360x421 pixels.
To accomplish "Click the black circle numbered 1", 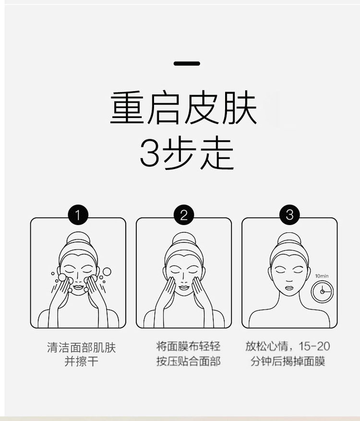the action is [78, 215].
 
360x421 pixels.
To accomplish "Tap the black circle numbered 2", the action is [184, 215].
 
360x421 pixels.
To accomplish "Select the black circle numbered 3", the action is [289, 215].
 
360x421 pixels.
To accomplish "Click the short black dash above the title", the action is [187, 64].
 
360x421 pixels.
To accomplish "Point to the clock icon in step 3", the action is [322, 291].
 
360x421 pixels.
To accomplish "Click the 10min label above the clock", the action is [322, 276].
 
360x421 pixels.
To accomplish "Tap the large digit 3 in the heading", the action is [150, 153].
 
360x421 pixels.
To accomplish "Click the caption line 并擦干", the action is [81, 361].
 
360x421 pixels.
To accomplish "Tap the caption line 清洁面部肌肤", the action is [81, 348].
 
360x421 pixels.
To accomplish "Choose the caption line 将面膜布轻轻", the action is [188, 347].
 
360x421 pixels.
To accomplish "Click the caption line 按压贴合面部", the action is [189, 361].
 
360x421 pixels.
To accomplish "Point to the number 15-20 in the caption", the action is [314, 347].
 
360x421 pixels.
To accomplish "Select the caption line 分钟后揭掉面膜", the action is [288, 361].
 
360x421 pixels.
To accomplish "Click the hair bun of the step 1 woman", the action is [78, 237].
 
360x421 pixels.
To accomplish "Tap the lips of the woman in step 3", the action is [289, 288].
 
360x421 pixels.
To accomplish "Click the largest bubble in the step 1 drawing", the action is [107, 271].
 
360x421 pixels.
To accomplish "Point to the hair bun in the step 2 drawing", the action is [184, 238].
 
